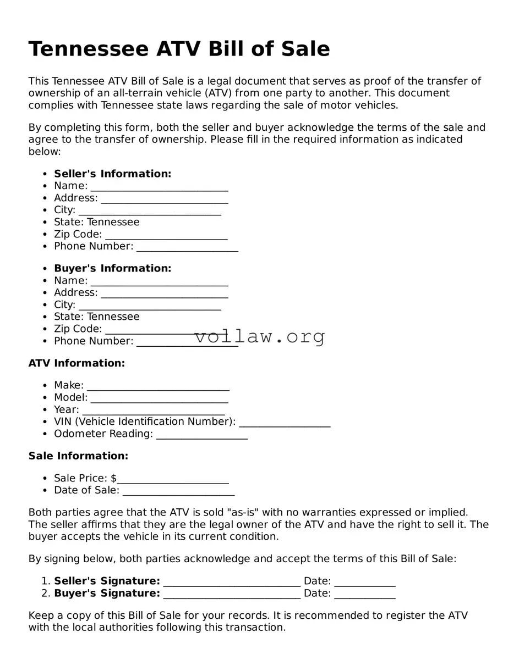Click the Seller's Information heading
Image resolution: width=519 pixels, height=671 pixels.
[112, 174]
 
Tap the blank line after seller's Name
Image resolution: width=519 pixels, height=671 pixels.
[159, 187]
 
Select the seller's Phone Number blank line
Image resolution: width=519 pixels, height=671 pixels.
[187, 247]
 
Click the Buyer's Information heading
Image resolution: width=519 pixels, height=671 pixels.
[112, 268]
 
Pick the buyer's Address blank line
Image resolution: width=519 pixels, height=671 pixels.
[164, 293]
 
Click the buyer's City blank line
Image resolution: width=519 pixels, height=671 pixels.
[150, 306]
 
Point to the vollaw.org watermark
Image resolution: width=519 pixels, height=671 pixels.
[260, 336]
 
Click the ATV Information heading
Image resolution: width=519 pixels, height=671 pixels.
[77, 363]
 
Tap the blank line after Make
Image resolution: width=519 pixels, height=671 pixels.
[158, 386]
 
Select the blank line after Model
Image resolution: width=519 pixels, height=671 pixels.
[159, 398]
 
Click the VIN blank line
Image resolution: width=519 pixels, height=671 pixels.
[285, 423]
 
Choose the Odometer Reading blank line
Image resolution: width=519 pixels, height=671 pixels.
[201, 435]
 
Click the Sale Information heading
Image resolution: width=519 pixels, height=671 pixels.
[78, 456]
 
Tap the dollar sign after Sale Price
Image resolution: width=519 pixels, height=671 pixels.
[113, 478]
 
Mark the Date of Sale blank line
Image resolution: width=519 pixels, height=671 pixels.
[178, 491]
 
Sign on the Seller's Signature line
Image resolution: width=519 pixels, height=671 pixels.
[232, 583]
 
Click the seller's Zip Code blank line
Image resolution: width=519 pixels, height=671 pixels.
[166, 235]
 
